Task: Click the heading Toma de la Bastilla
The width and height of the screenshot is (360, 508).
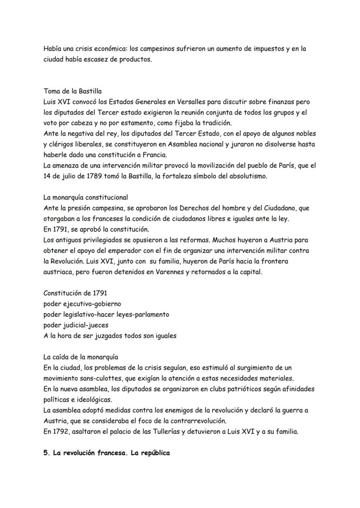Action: (x=73, y=91)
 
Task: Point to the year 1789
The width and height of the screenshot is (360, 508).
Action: (x=87, y=176)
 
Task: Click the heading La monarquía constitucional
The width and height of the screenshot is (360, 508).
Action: (x=86, y=197)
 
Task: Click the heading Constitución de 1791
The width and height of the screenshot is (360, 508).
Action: (x=75, y=293)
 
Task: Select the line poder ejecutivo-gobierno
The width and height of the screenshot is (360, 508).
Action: (x=82, y=304)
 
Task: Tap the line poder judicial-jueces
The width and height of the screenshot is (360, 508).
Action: (x=76, y=325)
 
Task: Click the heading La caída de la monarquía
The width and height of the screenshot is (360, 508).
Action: (x=81, y=357)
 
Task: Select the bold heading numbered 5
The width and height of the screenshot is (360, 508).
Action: (x=107, y=452)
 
